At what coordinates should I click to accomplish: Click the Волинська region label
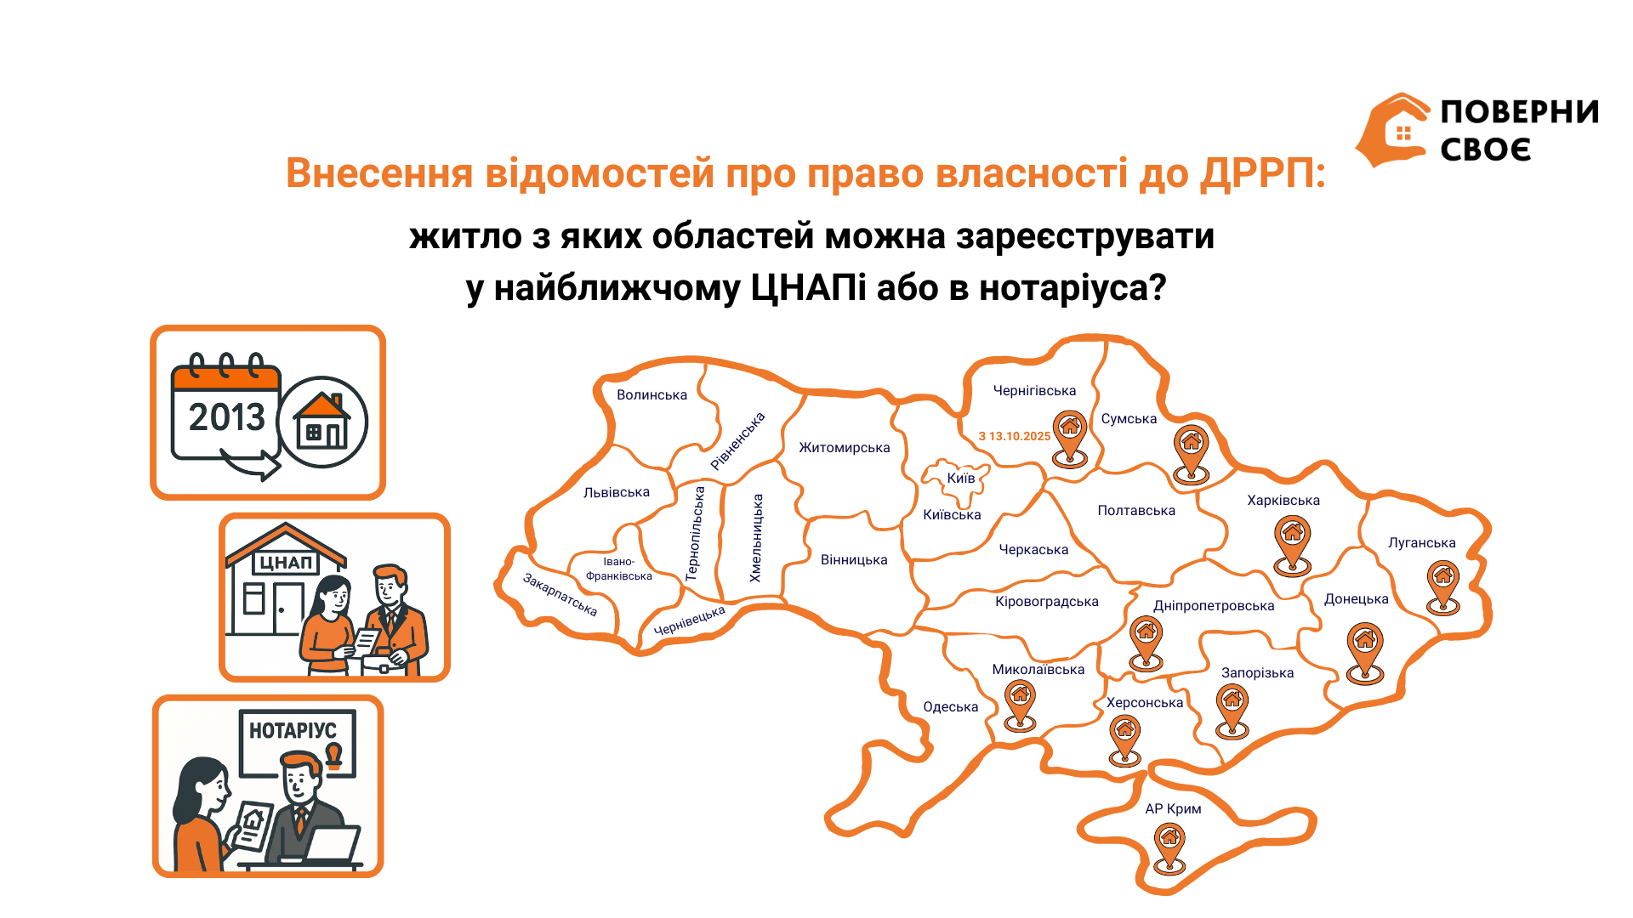click(x=651, y=395)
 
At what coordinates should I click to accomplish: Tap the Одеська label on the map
click(x=950, y=707)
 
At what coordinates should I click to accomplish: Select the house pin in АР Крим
click(x=1170, y=849)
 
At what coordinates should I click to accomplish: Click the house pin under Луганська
click(x=1443, y=587)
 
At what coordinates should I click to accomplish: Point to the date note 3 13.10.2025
click(x=1014, y=436)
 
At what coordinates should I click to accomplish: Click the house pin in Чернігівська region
click(x=1070, y=439)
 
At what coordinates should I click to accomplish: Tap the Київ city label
click(x=961, y=478)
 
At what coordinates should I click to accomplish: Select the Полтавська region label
click(x=1136, y=511)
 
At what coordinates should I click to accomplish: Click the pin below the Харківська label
click(x=1293, y=547)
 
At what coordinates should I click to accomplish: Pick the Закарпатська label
click(x=560, y=595)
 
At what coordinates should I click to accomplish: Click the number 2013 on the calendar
click(x=227, y=417)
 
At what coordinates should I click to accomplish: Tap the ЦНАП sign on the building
click(x=286, y=563)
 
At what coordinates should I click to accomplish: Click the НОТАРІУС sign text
click(x=293, y=730)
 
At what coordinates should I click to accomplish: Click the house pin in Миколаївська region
click(x=1021, y=705)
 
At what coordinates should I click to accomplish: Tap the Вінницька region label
click(x=854, y=560)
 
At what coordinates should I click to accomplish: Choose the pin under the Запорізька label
click(x=1232, y=712)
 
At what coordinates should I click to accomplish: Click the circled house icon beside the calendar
click(x=322, y=422)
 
